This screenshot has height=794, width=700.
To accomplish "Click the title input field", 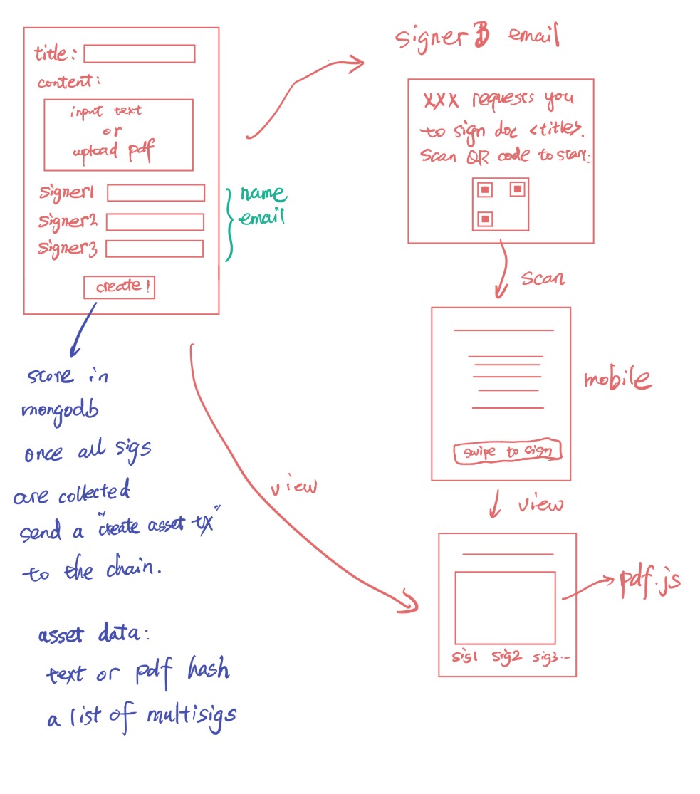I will click(139, 54).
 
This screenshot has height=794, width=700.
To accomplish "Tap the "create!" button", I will click(119, 287).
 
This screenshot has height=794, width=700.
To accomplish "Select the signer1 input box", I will click(155, 193).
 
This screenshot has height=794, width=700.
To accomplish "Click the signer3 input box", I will click(154, 249).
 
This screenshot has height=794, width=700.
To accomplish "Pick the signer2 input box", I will click(155, 221).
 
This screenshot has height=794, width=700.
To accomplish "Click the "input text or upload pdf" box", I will click(118, 135).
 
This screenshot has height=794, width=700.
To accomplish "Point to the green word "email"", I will click(261, 217).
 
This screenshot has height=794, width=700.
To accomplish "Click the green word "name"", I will click(263, 194).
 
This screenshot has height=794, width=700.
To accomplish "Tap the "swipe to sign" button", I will click(507, 452).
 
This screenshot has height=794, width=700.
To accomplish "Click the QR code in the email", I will click(501, 204).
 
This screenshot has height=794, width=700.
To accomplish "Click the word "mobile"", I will click(617, 380).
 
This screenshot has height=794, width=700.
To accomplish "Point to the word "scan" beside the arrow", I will click(542, 278).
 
